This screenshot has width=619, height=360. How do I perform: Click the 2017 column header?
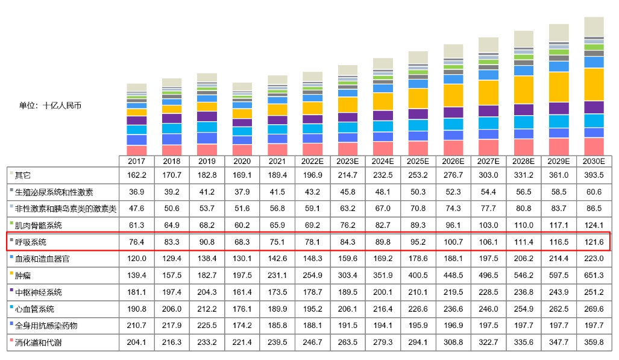click(x=137, y=162)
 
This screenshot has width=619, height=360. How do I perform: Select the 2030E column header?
click(x=594, y=162)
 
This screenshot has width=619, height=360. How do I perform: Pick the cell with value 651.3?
click(x=594, y=276)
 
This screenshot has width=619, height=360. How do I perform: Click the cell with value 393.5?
click(x=594, y=175)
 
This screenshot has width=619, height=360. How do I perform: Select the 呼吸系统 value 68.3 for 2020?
click(x=242, y=242)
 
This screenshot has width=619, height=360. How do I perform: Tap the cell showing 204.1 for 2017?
click(x=137, y=343)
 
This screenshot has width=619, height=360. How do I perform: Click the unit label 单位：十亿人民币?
click(x=50, y=105)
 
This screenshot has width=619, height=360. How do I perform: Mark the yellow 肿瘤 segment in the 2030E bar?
click(x=594, y=84)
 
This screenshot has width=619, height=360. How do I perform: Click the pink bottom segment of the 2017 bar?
click(x=137, y=150)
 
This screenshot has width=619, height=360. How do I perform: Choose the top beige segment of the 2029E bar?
click(x=559, y=32)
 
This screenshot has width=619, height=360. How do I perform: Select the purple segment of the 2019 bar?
click(x=207, y=116)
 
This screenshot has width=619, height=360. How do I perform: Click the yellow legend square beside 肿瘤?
click(x=11, y=276)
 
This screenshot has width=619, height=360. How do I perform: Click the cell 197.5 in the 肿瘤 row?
click(x=242, y=276)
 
